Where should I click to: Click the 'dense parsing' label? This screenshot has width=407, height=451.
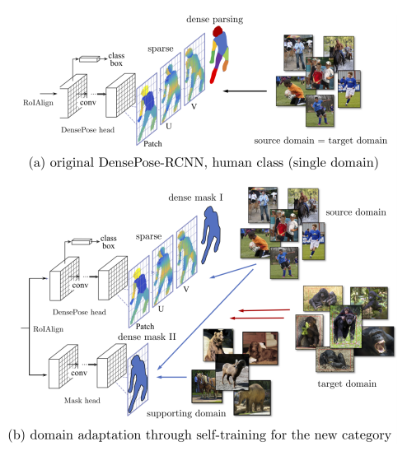coord(214,20)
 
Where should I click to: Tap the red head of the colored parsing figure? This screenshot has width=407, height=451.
coord(218,30)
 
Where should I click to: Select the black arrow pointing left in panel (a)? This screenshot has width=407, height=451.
coord(246,91)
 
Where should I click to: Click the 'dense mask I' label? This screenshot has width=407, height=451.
coord(195,198)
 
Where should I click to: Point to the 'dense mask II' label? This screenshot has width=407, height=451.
coord(147,337)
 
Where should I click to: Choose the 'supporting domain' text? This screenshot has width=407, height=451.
coord(186,414)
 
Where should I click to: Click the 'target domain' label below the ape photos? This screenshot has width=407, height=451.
coord(347,384)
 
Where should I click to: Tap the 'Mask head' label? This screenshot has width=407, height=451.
coord(82,400)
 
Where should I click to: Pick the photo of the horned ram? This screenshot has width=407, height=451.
coord(232,372)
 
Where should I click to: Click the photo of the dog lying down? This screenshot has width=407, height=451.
coord(261,347)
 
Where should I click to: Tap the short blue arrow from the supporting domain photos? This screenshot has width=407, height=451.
coord(171,377)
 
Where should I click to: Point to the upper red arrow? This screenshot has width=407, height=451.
coord(264,310)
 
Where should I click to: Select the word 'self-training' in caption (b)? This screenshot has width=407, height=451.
coord(228,435)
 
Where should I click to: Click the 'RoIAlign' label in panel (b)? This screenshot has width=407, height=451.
coord(48,329)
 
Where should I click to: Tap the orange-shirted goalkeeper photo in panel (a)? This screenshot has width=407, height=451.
coord(290,91)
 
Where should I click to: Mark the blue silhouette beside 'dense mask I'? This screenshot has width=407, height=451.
coord(211,235)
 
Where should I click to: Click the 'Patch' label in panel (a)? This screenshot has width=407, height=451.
coord(152,144)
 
